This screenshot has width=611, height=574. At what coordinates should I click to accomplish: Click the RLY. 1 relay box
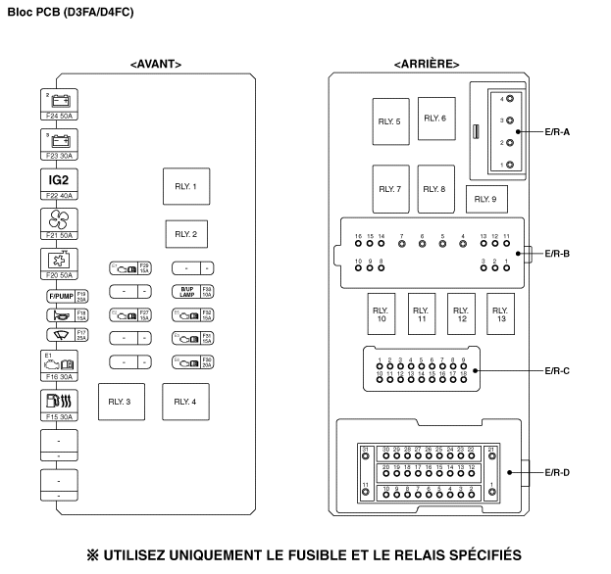tap(186, 186)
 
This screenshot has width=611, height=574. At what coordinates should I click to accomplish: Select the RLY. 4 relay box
tap(185, 402)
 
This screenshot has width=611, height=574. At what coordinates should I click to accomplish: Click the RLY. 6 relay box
tap(434, 118)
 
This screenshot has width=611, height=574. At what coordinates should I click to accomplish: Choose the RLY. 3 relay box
tap(121, 402)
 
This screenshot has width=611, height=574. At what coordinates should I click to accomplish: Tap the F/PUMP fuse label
tap(61, 295)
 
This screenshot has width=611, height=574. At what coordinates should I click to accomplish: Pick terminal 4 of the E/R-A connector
tap(509, 100)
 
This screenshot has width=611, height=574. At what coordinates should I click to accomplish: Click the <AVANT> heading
tap(156, 64)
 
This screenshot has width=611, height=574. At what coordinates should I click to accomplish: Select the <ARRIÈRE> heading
tap(427, 64)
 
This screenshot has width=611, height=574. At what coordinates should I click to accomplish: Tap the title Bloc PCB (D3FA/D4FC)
tap(71, 12)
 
